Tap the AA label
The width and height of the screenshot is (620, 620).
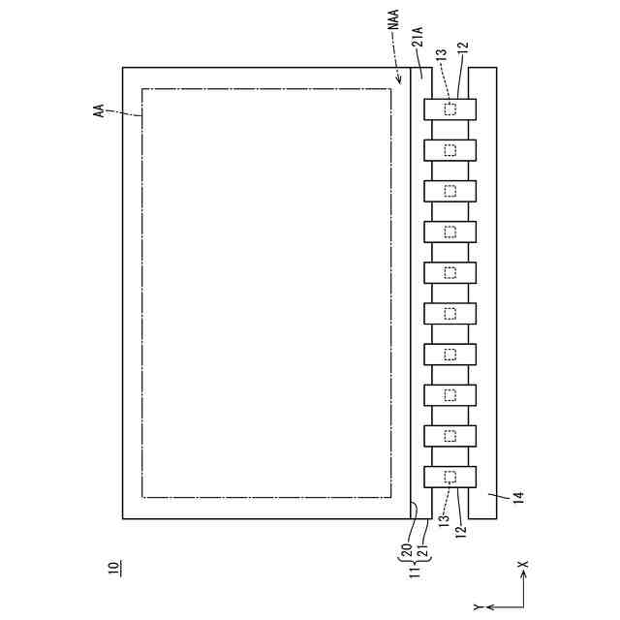pos(99,113)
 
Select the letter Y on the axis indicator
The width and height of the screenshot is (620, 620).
pos(477,606)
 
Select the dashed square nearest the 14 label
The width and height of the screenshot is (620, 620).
pos(449,476)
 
